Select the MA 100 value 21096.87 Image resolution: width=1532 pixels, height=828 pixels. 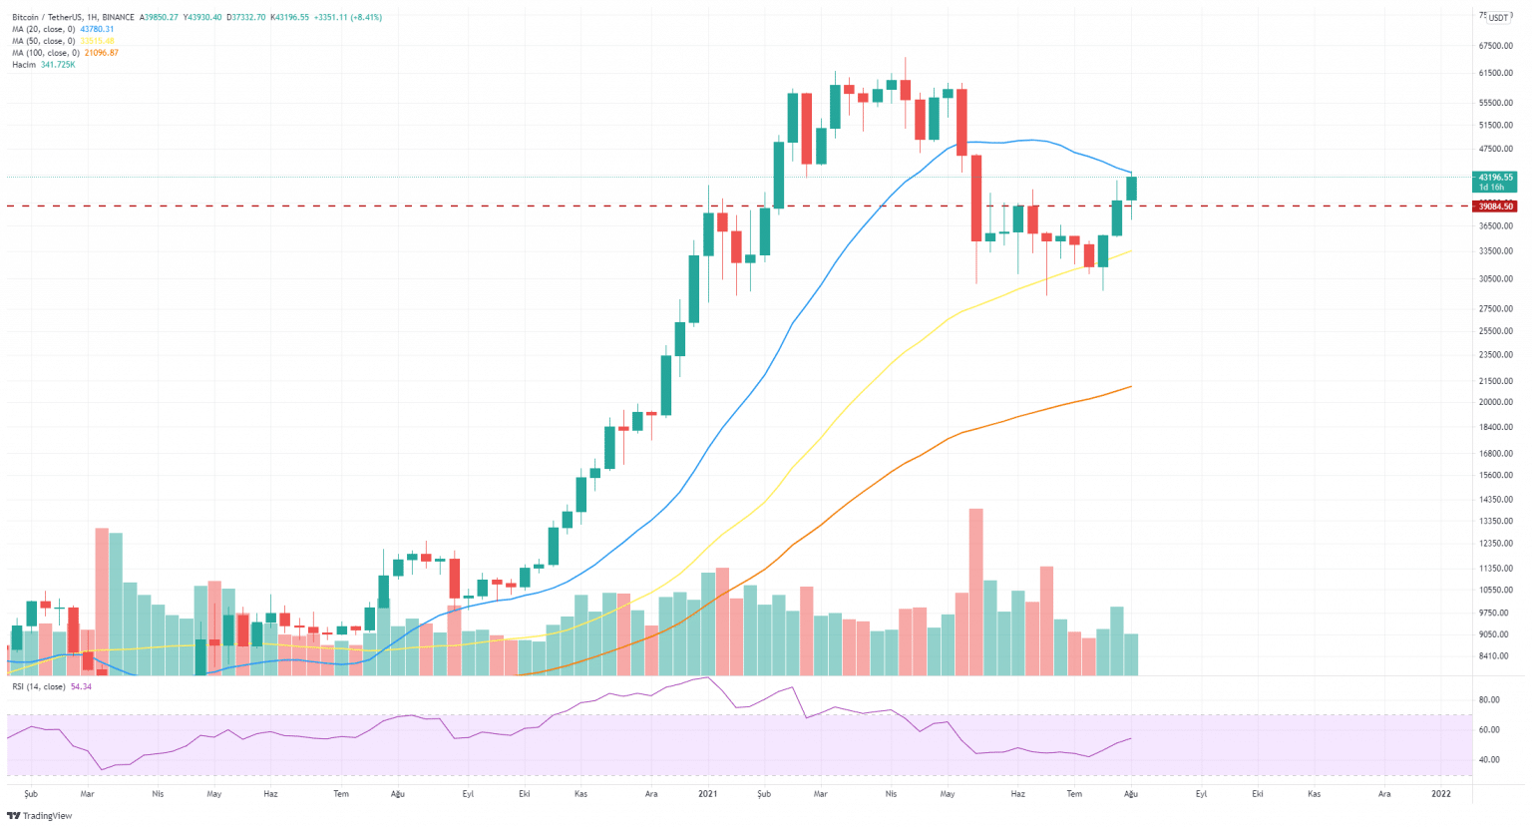click(100, 53)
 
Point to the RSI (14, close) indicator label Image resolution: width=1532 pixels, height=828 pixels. click(38, 686)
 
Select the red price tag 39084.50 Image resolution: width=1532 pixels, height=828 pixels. click(1496, 207)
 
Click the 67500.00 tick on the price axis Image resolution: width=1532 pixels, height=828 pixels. click(1496, 46)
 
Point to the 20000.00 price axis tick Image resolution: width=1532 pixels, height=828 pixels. click(1496, 403)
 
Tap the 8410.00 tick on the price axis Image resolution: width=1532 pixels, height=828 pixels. click(1494, 656)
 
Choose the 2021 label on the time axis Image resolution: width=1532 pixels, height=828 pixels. click(707, 794)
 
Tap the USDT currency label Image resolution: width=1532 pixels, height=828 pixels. click(1499, 18)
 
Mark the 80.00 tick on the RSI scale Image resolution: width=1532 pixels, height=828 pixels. click(1488, 700)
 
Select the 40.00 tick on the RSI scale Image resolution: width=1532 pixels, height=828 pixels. click(1488, 760)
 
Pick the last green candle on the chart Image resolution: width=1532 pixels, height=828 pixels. click(1131, 189)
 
